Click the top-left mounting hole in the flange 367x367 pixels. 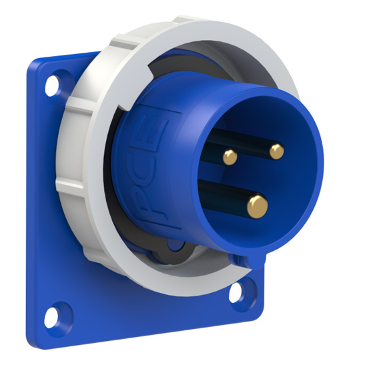click(x=51, y=86)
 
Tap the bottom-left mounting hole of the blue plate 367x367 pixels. click(x=61, y=312)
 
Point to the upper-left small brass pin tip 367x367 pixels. click(x=230, y=157)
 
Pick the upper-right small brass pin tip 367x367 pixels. click(x=276, y=151)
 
